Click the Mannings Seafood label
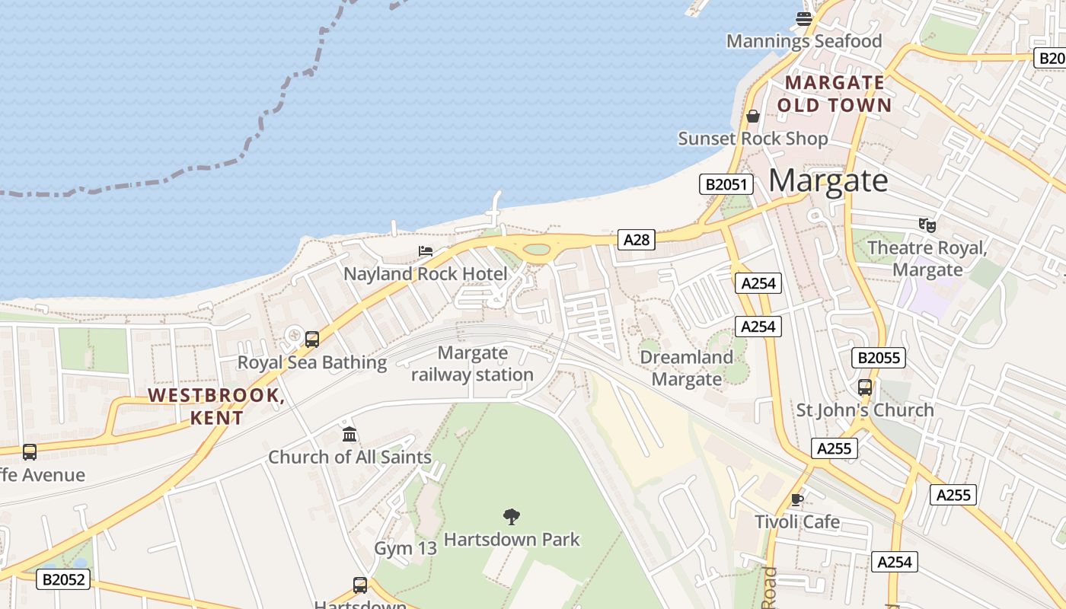(x=804, y=41)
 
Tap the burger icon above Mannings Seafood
(x=804, y=18)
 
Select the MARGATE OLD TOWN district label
(x=835, y=94)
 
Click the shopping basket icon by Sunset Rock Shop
(x=753, y=116)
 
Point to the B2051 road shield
(x=726, y=184)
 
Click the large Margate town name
(x=828, y=181)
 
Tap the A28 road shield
(x=636, y=240)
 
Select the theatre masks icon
(x=927, y=225)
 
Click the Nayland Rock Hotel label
(x=426, y=274)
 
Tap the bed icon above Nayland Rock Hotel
(x=426, y=251)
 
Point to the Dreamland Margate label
(x=687, y=368)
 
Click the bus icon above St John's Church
(x=865, y=387)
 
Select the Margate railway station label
(x=473, y=364)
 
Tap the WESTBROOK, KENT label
(x=216, y=407)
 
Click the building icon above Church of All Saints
(x=349, y=435)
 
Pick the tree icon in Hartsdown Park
(x=512, y=517)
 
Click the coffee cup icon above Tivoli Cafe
(x=797, y=499)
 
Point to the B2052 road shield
(x=63, y=580)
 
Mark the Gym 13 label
(x=405, y=548)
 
